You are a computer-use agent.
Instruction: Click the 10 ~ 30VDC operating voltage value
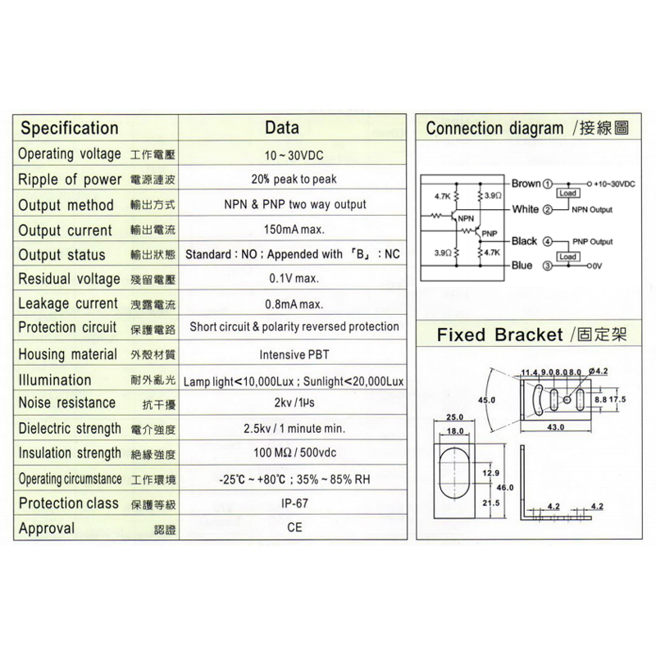[294, 156]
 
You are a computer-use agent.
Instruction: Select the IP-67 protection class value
[294, 503]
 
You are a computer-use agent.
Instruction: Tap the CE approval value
[294, 527]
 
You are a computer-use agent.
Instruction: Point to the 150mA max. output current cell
[294, 230]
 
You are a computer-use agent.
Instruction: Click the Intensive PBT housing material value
[294, 355]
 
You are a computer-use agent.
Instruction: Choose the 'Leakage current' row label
[68, 303]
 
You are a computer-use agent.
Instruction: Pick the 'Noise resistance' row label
[67, 403]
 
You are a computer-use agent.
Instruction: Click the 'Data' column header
[282, 128]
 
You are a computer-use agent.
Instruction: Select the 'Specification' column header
[70, 128]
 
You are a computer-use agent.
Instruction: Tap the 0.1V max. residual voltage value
[294, 278]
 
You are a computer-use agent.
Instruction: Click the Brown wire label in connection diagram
[526, 184]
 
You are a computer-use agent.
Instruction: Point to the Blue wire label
[522, 265]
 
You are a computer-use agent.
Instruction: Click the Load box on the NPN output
[567, 194]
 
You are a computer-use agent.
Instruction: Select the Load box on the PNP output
[567, 257]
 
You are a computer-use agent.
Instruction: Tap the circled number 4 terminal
[547, 241]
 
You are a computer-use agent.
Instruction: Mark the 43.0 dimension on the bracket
[556, 427]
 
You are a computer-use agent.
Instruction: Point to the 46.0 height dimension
[505, 487]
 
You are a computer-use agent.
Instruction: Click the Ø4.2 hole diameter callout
[598, 371]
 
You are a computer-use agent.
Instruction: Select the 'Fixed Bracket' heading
[500, 335]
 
